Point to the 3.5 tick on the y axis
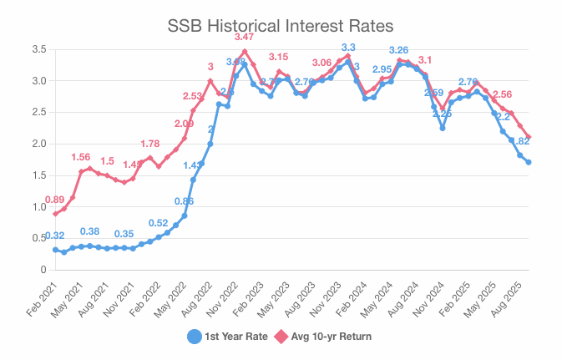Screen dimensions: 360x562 38,50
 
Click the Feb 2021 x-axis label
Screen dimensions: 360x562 42,296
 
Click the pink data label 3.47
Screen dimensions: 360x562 245,38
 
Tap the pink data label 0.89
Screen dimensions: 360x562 54,200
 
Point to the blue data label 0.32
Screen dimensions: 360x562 55,236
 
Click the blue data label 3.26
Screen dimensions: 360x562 399,51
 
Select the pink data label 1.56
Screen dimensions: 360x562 81,157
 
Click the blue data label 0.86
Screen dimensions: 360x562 184,201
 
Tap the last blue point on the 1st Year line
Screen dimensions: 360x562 529,162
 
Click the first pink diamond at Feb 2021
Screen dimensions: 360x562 55,214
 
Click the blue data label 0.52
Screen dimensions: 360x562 159,223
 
